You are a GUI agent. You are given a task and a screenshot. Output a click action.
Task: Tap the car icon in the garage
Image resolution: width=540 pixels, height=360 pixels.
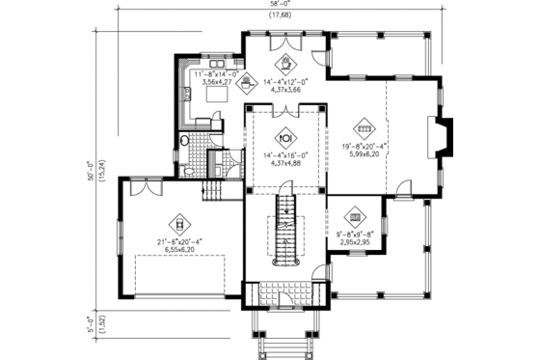(176, 218)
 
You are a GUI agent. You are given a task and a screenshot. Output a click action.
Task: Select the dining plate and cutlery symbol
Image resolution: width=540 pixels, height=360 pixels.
(284, 136)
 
